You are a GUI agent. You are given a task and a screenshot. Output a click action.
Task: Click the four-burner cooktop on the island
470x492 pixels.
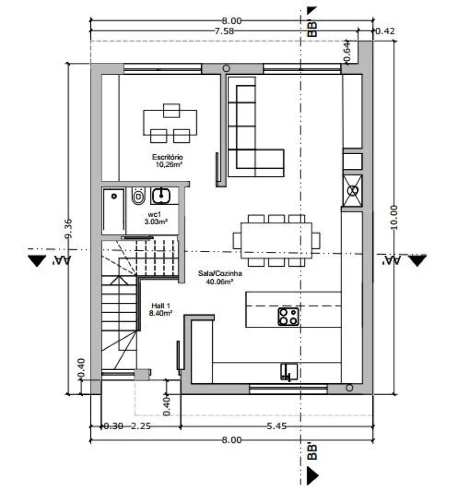pyautogui.click(x=288, y=316)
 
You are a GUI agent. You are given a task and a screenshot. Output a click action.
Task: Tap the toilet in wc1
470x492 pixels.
pyautogui.click(x=138, y=197)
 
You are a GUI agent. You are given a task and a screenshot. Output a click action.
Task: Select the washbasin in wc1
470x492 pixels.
pyautogui.click(x=161, y=196)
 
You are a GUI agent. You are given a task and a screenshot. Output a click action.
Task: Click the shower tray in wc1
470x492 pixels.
pyautogui.click(x=114, y=211)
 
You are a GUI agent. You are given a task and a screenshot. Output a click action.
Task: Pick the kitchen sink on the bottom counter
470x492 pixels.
pyautogui.click(x=289, y=372)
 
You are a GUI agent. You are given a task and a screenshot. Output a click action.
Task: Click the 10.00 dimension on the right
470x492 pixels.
pyautogui.click(x=394, y=217)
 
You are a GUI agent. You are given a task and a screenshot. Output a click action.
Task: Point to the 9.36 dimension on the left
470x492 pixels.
pyautogui.click(x=68, y=228)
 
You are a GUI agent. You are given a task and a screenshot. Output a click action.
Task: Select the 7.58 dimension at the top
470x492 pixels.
pyautogui.click(x=224, y=31)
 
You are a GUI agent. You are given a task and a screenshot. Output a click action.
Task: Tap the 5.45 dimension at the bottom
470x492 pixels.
pyautogui.click(x=276, y=426)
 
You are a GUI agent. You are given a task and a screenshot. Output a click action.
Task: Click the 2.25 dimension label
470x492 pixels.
pyautogui.click(x=140, y=426)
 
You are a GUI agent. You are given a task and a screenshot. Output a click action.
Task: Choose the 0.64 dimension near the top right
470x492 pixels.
pyautogui.click(x=347, y=52)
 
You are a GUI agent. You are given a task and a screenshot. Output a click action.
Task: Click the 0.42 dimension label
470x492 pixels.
pyautogui.click(x=385, y=31)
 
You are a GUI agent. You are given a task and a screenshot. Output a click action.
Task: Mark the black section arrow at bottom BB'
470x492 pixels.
pyautogui.click(x=312, y=475)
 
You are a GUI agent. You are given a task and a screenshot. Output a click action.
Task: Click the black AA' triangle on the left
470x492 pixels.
pyautogui.click(x=37, y=260)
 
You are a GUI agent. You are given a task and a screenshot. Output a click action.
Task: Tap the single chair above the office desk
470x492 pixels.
pyautogui.click(x=171, y=111)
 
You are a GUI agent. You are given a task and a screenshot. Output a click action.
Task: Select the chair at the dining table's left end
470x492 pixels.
pyautogui.click(x=237, y=241)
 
